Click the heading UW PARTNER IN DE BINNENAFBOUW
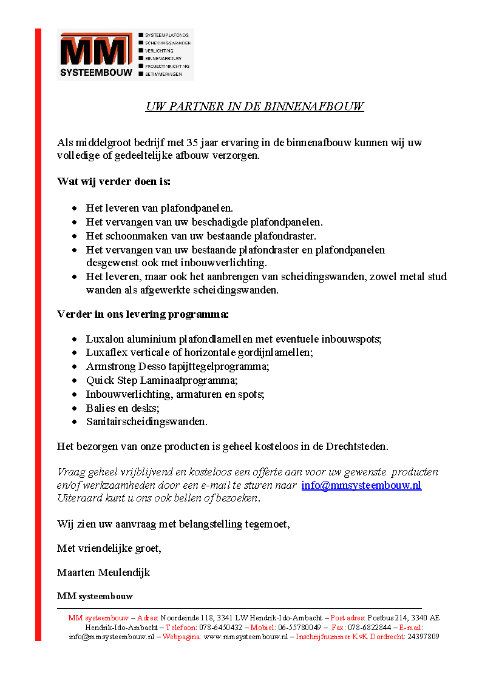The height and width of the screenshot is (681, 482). click(254, 107)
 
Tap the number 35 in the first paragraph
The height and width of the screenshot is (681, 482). click(194, 143)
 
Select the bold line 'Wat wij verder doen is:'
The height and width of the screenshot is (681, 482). click(114, 181)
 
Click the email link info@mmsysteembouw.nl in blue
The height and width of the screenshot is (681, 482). click(361, 485)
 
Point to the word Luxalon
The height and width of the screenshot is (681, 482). click(104, 339)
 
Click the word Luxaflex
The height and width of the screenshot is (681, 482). click(104, 352)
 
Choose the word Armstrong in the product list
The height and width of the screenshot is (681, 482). click(107, 366)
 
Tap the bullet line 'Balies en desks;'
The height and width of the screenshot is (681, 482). click(123, 408)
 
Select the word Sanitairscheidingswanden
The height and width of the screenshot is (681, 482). click(146, 421)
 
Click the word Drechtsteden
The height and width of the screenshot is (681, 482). click(357, 446)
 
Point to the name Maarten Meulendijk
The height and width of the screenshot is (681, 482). click(103, 572)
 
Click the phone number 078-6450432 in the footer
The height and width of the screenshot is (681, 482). click(221, 628)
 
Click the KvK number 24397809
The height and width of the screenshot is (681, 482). click(423, 637)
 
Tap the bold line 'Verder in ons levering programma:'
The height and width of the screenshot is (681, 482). click(143, 314)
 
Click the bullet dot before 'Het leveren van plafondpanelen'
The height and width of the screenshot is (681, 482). click(74, 208)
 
